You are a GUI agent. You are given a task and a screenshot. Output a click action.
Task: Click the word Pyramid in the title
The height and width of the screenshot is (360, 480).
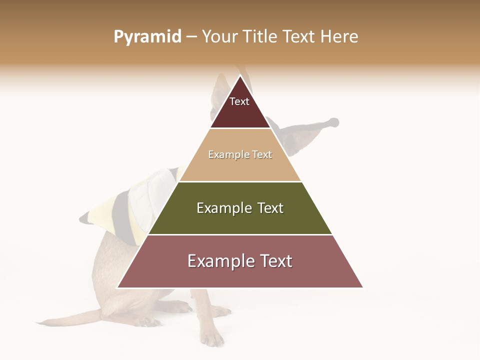[x=147, y=37]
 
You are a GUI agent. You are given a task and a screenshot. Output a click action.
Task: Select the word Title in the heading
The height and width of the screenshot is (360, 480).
[x=259, y=37]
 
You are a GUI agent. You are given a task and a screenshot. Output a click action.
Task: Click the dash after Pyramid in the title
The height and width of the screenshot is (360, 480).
[x=191, y=37]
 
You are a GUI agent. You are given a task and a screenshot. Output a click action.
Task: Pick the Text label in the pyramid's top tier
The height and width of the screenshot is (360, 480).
[x=239, y=101]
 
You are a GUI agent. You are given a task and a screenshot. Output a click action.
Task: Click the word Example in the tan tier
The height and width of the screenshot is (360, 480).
[x=227, y=154]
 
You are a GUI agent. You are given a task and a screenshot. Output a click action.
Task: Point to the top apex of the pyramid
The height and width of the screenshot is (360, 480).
[x=240, y=76]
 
